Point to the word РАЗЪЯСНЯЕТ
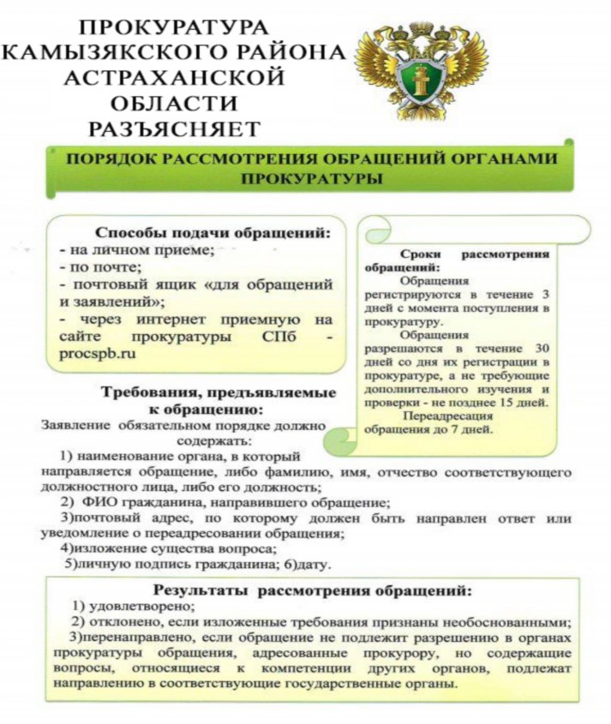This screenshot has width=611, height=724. click(175, 129)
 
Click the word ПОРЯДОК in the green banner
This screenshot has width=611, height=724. click(106, 159)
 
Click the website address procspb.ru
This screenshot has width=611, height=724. click(99, 352)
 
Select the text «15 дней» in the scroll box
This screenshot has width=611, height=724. click(524, 402)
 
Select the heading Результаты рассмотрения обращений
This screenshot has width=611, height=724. click(312, 590)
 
